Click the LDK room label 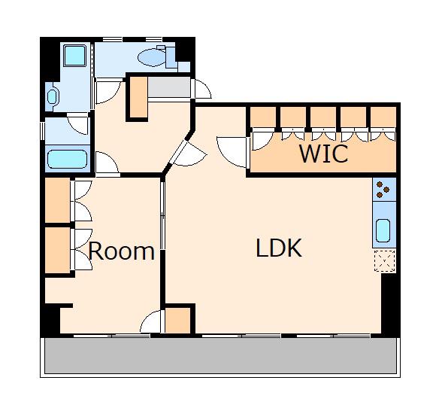[279, 248]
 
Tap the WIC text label [324, 154]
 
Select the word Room [122, 251]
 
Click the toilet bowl [152, 57]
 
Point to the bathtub [67, 159]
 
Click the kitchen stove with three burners [384, 189]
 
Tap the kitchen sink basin [383, 230]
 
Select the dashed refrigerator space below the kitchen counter [385, 261]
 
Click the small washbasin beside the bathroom [53, 96]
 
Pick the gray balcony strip [220, 355]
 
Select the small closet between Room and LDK [177, 320]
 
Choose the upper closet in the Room [58, 200]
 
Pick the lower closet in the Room [58, 250]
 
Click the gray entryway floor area [169, 87]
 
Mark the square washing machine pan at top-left [74, 56]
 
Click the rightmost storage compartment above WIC [383, 117]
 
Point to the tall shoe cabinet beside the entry [139, 97]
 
